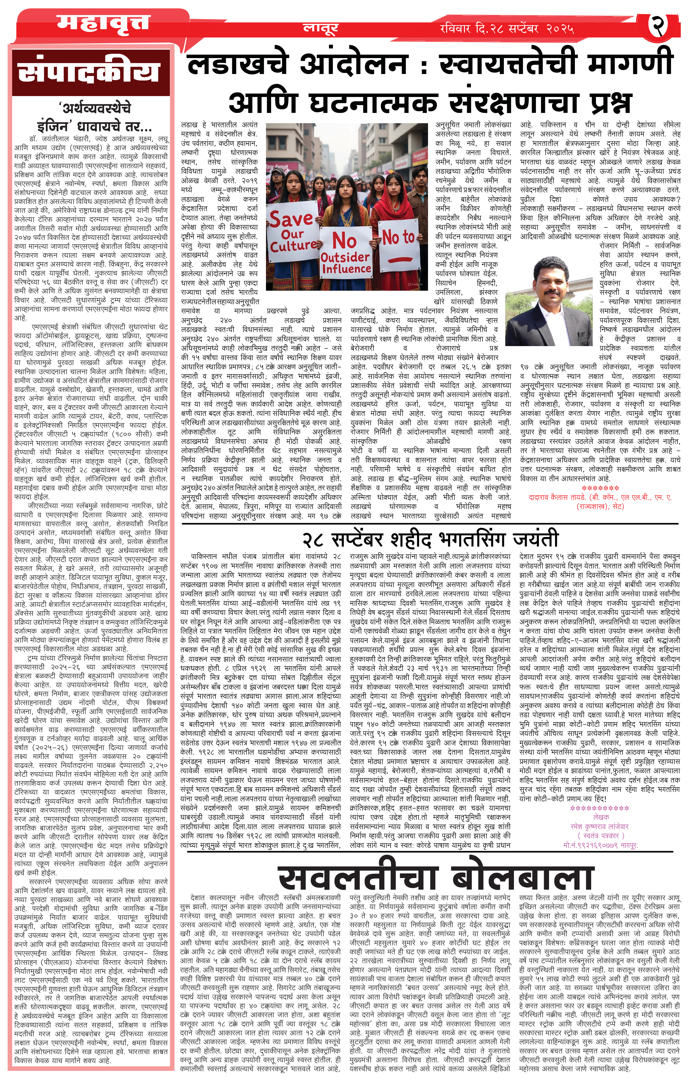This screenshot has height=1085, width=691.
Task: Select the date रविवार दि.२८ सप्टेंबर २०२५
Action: (x=507, y=29)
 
